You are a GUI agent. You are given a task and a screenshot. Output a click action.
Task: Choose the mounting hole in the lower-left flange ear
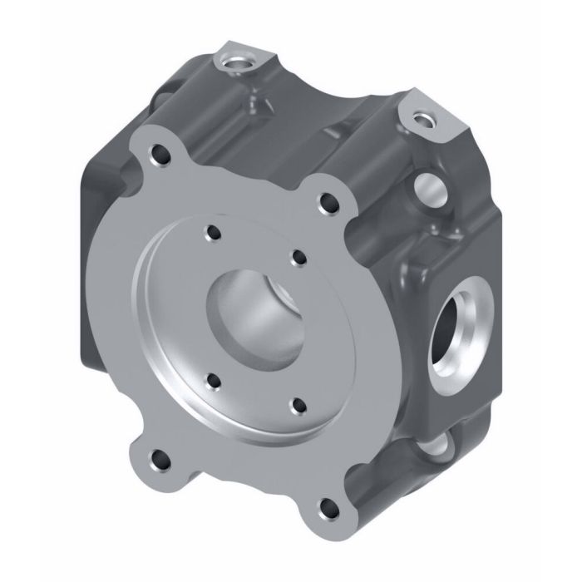[x=155, y=456]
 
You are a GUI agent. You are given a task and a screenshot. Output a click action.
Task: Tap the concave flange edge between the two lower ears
[x=233, y=491]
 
